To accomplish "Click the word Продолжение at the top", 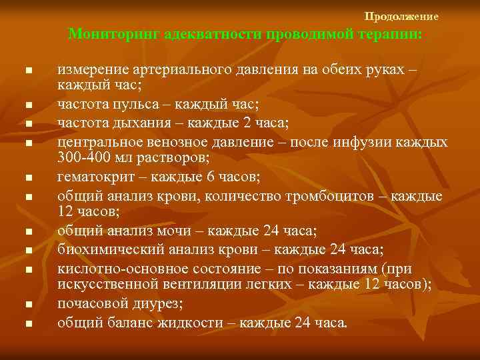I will tap(401, 16).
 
